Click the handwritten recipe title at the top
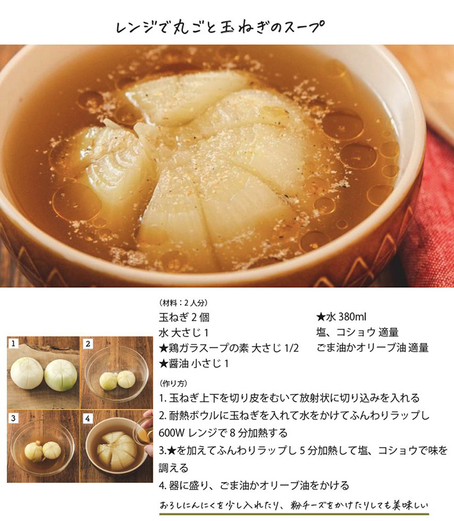[x=220, y=27]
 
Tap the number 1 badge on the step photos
[x=13, y=344]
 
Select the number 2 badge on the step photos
[x=88, y=344]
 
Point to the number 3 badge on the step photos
[x=13, y=418]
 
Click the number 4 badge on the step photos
[x=88, y=418]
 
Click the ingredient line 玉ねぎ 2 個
[x=184, y=317]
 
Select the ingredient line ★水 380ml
[x=341, y=317]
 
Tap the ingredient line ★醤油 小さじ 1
[x=194, y=363]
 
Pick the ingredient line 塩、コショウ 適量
[x=357, y=332]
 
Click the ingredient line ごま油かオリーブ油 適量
[x=372, y=348]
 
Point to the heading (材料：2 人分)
[x=184, y=303]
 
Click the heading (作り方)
[x=173, y=384]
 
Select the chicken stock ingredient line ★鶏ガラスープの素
[x=229, y=348]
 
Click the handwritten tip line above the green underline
[x=294, y=506]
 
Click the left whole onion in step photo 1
[x=27, y=373]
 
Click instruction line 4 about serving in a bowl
[x=254, y=485]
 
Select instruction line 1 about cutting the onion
[x=289, y=398]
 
